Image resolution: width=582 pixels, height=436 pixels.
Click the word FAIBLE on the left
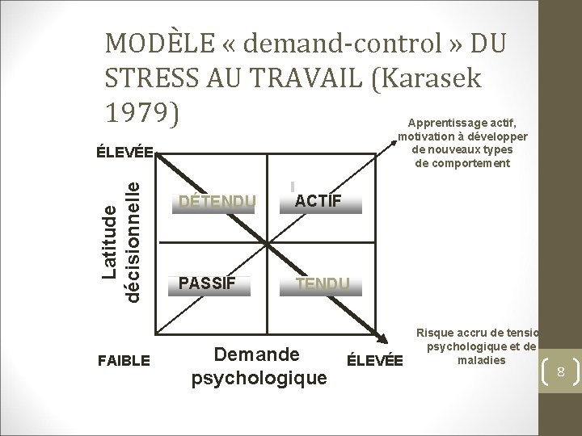coord(123,361)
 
